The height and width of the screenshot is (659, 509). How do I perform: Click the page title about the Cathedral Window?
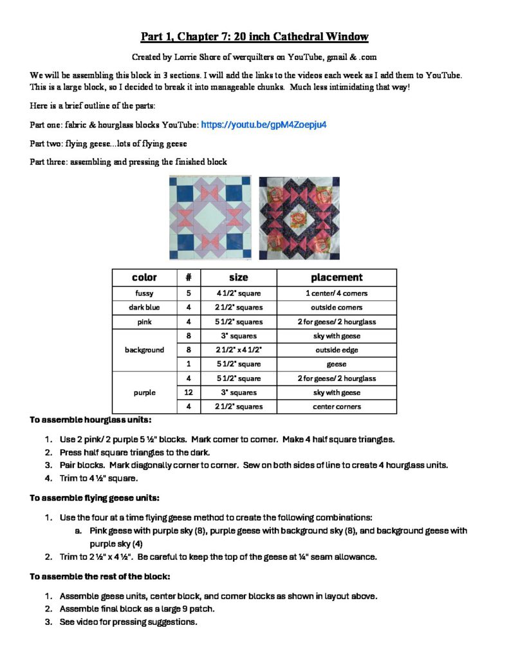(255, 36)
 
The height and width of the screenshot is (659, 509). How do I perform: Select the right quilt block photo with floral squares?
(299, 217)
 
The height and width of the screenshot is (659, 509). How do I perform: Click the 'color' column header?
(144, 277)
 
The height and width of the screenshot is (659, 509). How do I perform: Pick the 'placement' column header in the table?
(337, 277)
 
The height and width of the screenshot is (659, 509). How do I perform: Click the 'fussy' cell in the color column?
(144, 293)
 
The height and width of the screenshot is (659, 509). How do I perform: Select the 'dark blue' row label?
(144, 308)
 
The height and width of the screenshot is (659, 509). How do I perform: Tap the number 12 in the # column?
(189, 393)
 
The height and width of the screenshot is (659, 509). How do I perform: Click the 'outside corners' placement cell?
(337, 308)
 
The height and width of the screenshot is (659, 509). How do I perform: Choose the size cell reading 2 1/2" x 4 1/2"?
(239, 350)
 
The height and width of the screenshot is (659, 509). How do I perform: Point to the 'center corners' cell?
(337, 407)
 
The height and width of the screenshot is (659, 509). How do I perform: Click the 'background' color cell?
(144, 350)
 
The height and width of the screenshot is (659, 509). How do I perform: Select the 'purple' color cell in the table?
(144, 393)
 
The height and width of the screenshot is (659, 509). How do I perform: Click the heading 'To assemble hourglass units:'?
(91, 420)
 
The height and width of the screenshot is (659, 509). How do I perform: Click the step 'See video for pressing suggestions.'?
(128, 622)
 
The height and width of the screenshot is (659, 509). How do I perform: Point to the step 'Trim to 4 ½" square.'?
(101, 478)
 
